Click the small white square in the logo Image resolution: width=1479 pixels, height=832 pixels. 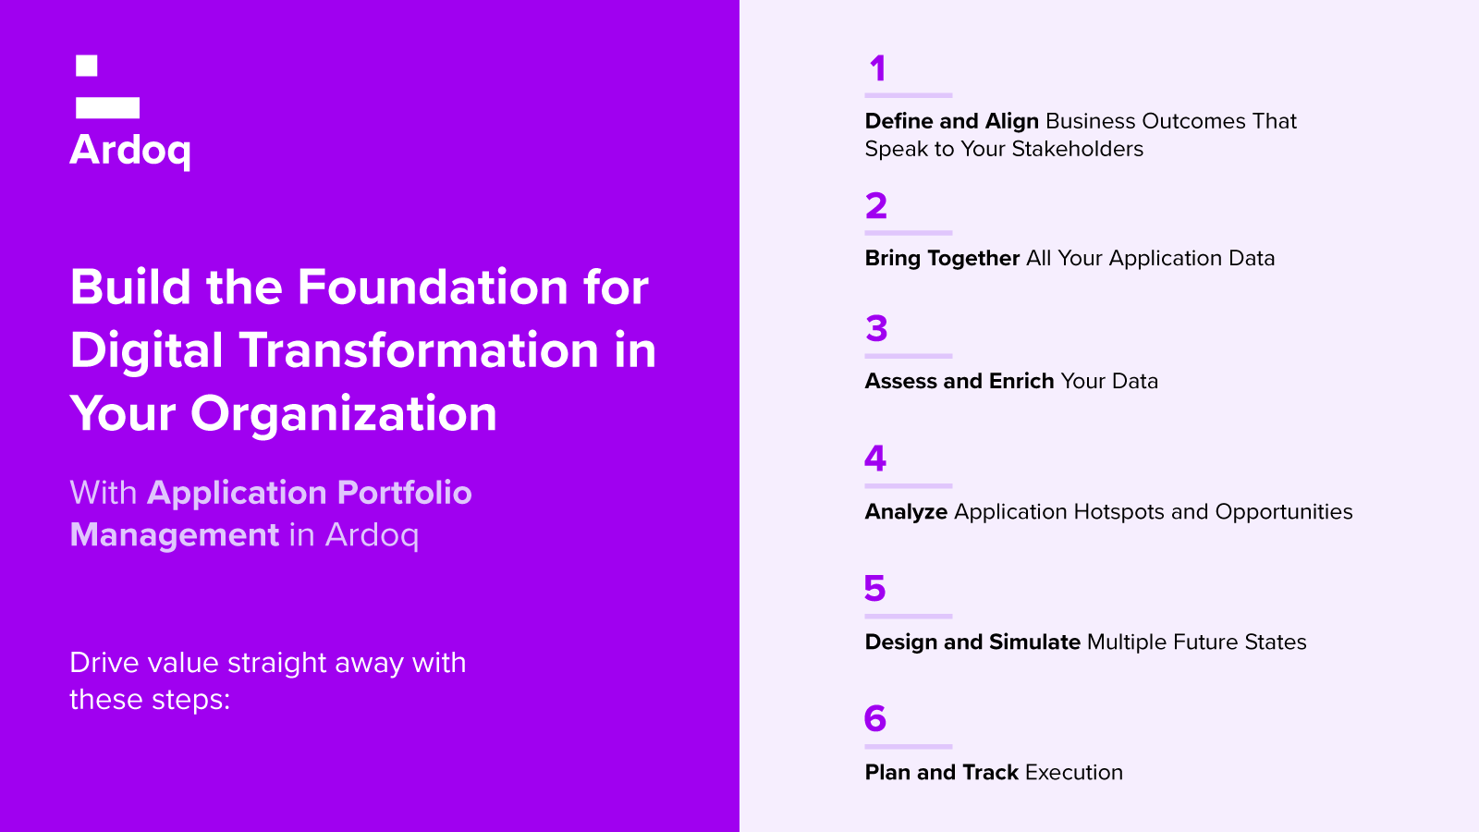87,66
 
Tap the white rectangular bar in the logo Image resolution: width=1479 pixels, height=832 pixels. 107,107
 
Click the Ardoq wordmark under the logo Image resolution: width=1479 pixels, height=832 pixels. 130,152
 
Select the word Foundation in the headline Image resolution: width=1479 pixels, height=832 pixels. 433,288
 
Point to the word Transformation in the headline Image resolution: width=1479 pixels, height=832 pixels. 419,350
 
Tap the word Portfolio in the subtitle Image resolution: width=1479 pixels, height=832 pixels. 405,493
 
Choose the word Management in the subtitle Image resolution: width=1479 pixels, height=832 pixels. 175,535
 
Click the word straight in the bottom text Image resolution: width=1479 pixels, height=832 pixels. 276,663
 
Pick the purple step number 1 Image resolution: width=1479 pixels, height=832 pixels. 877,68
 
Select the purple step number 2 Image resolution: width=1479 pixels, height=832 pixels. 876,206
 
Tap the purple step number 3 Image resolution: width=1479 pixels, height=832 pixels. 876,329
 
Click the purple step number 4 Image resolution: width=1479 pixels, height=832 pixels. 875,459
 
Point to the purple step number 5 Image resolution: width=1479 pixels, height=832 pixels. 874,588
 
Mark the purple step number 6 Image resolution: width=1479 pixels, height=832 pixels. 874,718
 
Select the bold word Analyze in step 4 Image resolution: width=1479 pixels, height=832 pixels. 906,512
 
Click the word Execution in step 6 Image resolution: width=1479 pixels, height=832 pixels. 1074,773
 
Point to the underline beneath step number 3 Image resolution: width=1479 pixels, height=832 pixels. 909,356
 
